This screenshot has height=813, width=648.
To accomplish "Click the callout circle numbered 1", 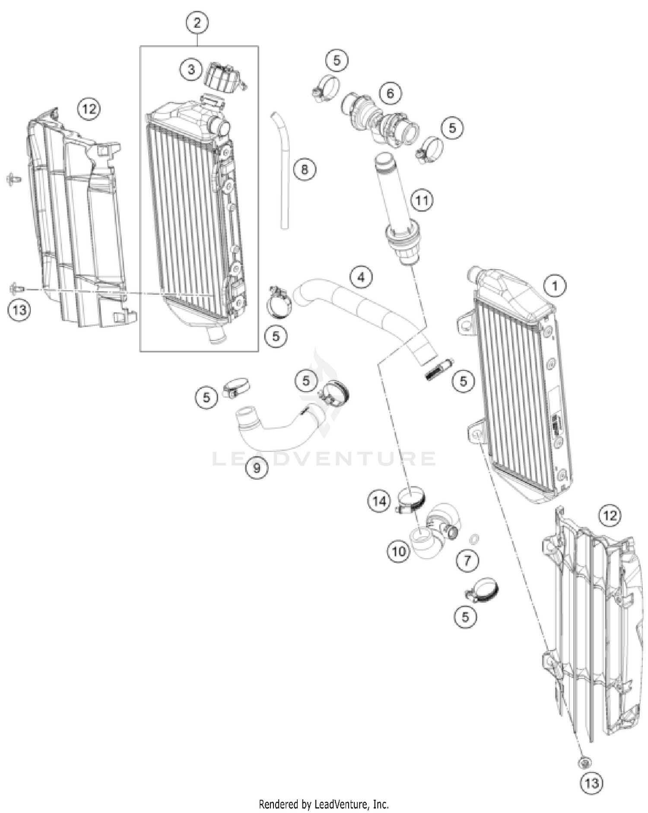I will tap(555, 286).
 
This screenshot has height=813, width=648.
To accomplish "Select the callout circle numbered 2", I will tap(197, 23).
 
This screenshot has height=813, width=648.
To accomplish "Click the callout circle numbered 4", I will tap(361, 277).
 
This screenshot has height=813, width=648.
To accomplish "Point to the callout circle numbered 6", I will tap(390, 93).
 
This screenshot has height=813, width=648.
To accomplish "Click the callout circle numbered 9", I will tap(257, 468).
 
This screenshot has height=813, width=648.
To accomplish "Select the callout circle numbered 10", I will tap(399, 551).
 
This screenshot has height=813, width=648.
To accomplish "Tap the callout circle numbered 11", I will tap(422, 201).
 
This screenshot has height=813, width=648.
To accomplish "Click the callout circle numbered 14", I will tap(379, 501).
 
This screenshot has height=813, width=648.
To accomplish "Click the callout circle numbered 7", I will tap(467, 561).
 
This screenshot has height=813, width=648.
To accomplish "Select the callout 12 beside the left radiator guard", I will tap(89, 109).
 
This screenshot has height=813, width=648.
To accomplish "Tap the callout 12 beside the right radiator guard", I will tap(610, 516).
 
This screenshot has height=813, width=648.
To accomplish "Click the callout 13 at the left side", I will tap(19, 309).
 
